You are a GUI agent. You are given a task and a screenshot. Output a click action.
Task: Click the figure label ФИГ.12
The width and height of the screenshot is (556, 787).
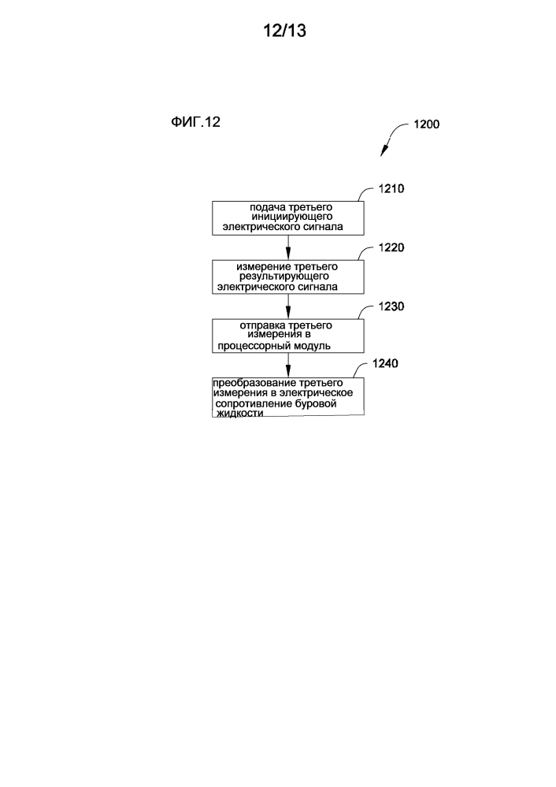pyautogui.click(x=196, y=123)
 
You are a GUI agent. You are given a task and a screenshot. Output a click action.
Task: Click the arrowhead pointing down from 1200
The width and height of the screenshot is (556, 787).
pyautogui.click(x=385, y=150)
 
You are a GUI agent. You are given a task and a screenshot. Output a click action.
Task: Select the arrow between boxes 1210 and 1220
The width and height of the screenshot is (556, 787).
pyautogui.click(x=288, y=247)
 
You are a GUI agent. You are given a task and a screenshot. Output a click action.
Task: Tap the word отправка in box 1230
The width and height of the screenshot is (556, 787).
pyautogui.click(x=261, y=325)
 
